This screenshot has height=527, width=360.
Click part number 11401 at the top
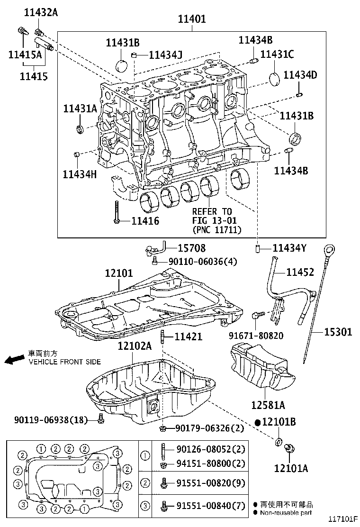[x=192, y=20]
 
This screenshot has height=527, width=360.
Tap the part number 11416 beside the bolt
[x=145, y=220]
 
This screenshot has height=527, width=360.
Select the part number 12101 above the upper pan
[x=119, y=273]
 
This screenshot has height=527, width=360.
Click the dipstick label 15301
[x=338, y=332]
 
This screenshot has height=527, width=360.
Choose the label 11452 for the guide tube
[x=300, y=272]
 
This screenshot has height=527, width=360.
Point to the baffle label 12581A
[x=268, y=405]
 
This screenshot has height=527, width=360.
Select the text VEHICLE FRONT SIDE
[x=65, y=362]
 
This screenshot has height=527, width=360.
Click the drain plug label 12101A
[x=291, y=468]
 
